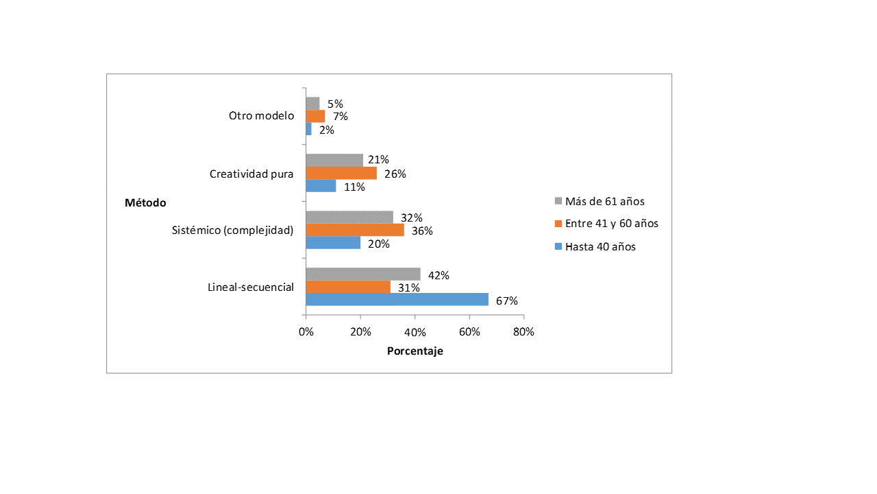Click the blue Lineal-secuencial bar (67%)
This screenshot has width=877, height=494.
(397, 299)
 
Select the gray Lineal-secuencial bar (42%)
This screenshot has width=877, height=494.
(363, 274)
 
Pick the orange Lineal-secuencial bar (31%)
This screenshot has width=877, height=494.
(348, 287)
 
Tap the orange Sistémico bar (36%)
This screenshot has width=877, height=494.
(355, 230)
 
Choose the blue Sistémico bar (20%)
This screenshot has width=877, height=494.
(333, 243)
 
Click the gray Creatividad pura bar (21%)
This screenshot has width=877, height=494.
(334, 161)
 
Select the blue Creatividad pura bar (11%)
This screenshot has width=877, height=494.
(321, 186)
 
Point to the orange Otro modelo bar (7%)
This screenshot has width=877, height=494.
(316, 116)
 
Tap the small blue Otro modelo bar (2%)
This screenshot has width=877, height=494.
(309, 129)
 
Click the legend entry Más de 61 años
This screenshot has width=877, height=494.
(600, 201)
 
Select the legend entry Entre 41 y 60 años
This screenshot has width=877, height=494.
(606, 224)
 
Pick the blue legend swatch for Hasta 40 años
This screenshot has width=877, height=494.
(558, 246)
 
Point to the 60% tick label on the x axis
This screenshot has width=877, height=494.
(469, 331)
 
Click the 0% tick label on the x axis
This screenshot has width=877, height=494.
(306, 331)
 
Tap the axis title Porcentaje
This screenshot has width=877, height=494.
(415, 351)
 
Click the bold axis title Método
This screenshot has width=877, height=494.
(145, 202)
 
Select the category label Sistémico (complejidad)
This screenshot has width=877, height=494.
(232, 230)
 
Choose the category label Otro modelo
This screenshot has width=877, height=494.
(262, 116)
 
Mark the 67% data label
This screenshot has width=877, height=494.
(507, 301)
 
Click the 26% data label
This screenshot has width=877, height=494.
(395, 174)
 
